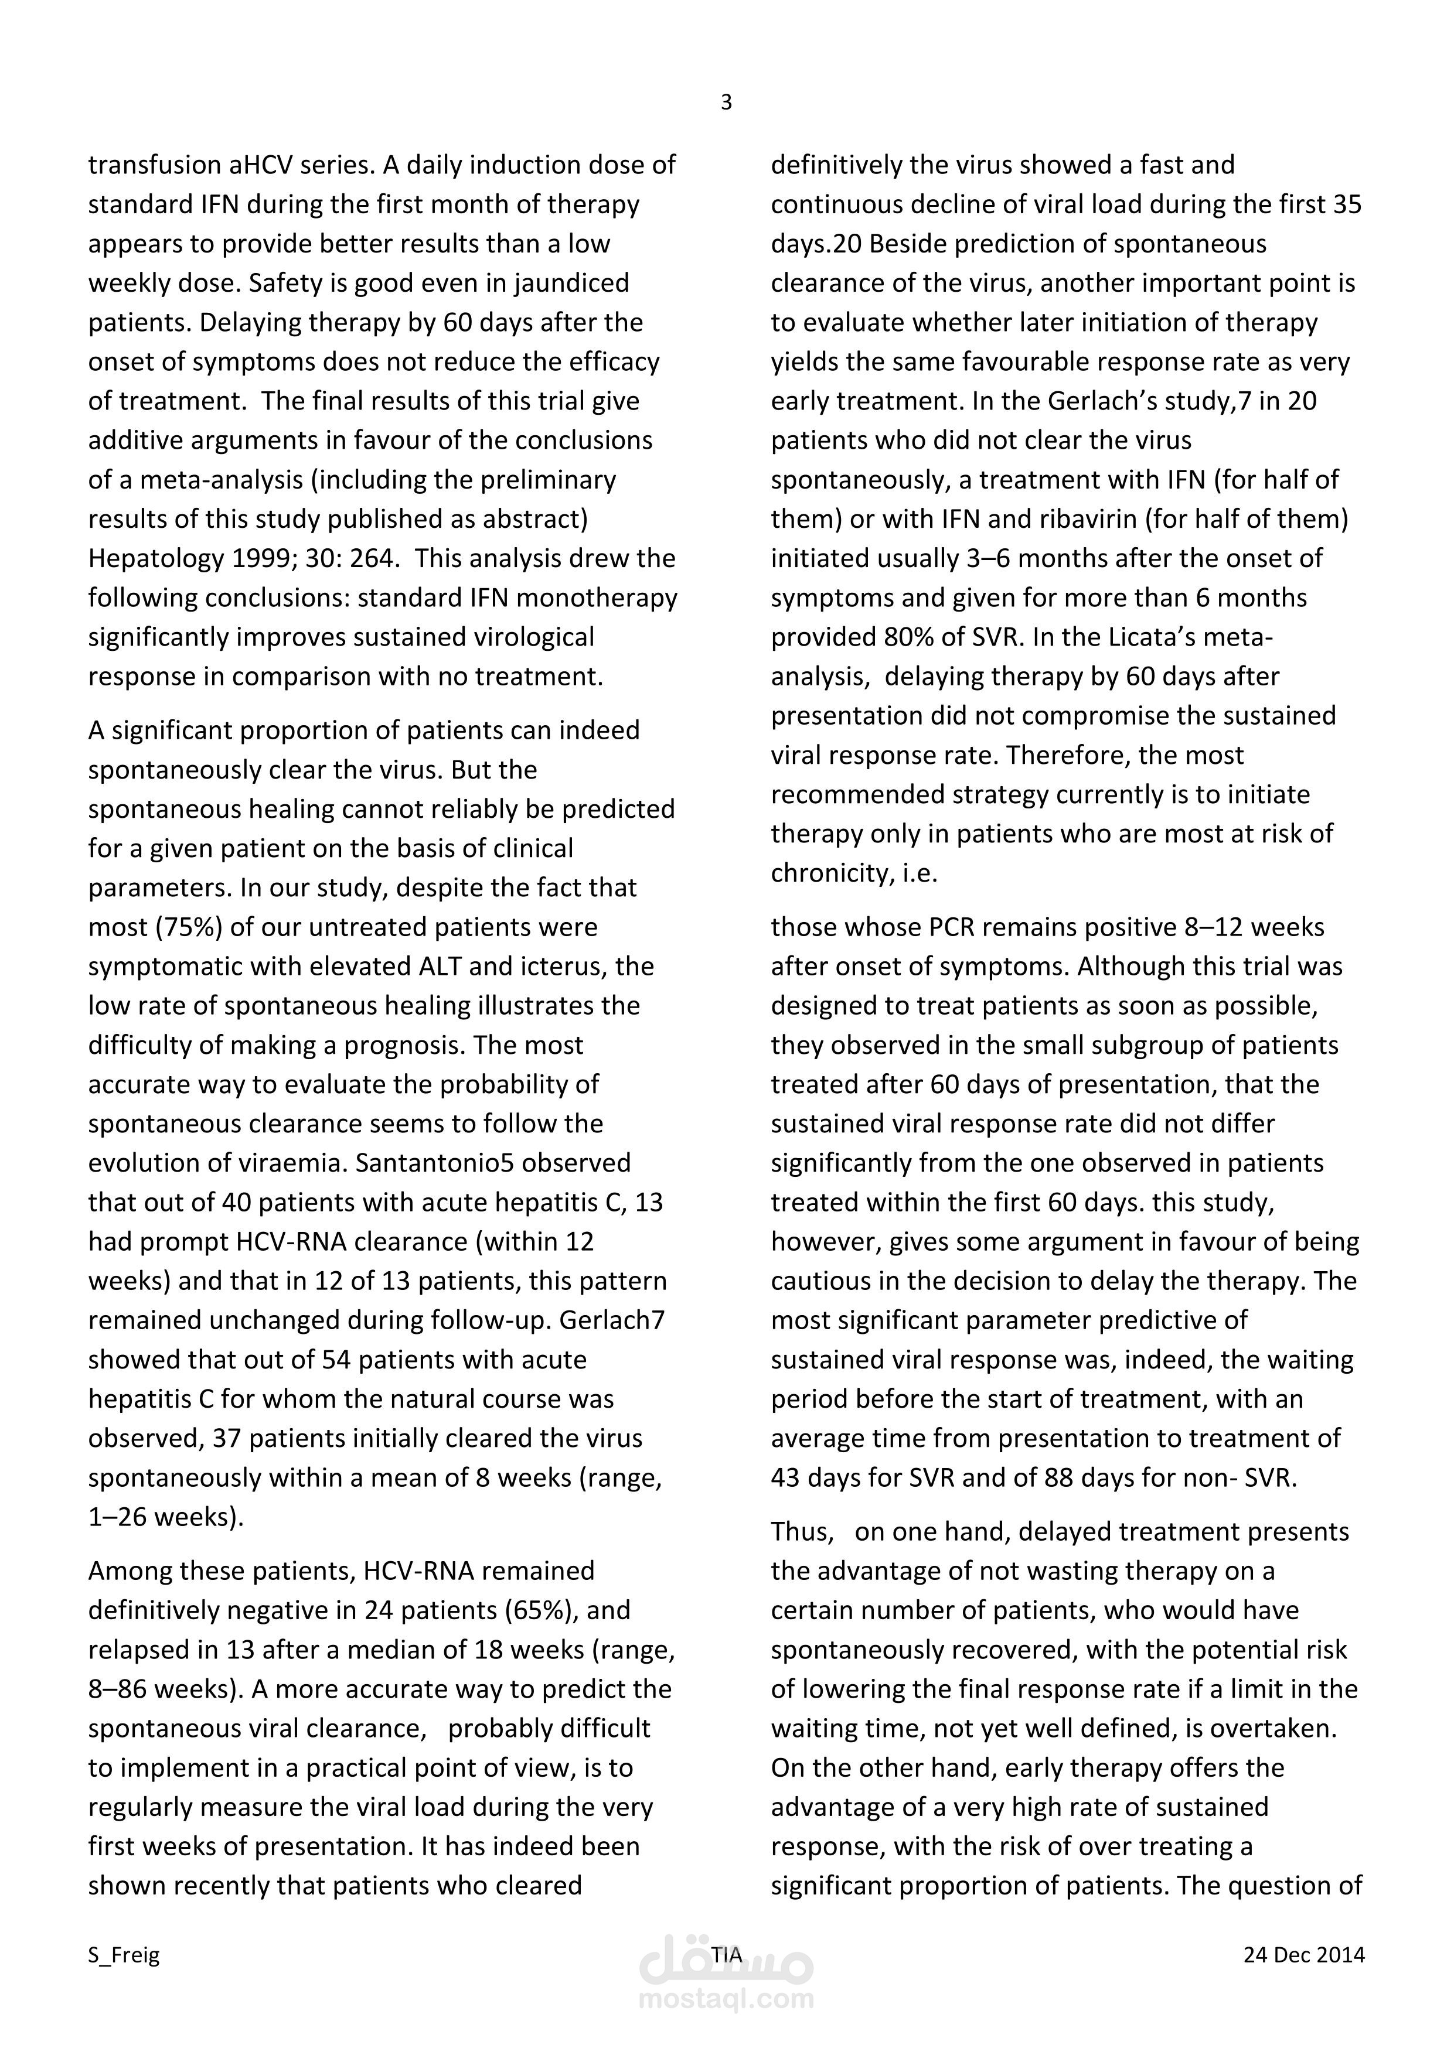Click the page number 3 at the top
coord(726,103)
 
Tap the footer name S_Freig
coord(124,1955)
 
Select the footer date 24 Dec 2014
coord(1303,1955)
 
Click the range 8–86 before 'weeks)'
coord(118,1689)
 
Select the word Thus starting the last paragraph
coord(801,1532)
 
